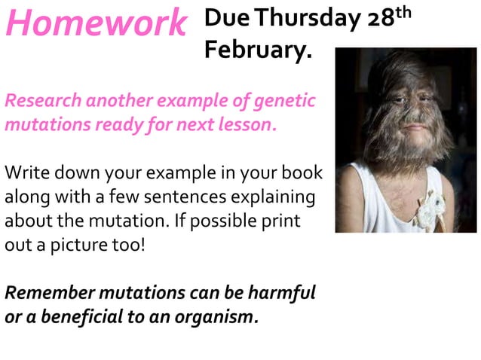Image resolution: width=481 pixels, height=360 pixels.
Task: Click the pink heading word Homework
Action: coord(95,23)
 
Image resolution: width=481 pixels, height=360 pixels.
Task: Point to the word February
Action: coord(256,50)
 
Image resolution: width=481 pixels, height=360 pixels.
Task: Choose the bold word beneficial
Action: coord(84,316)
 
